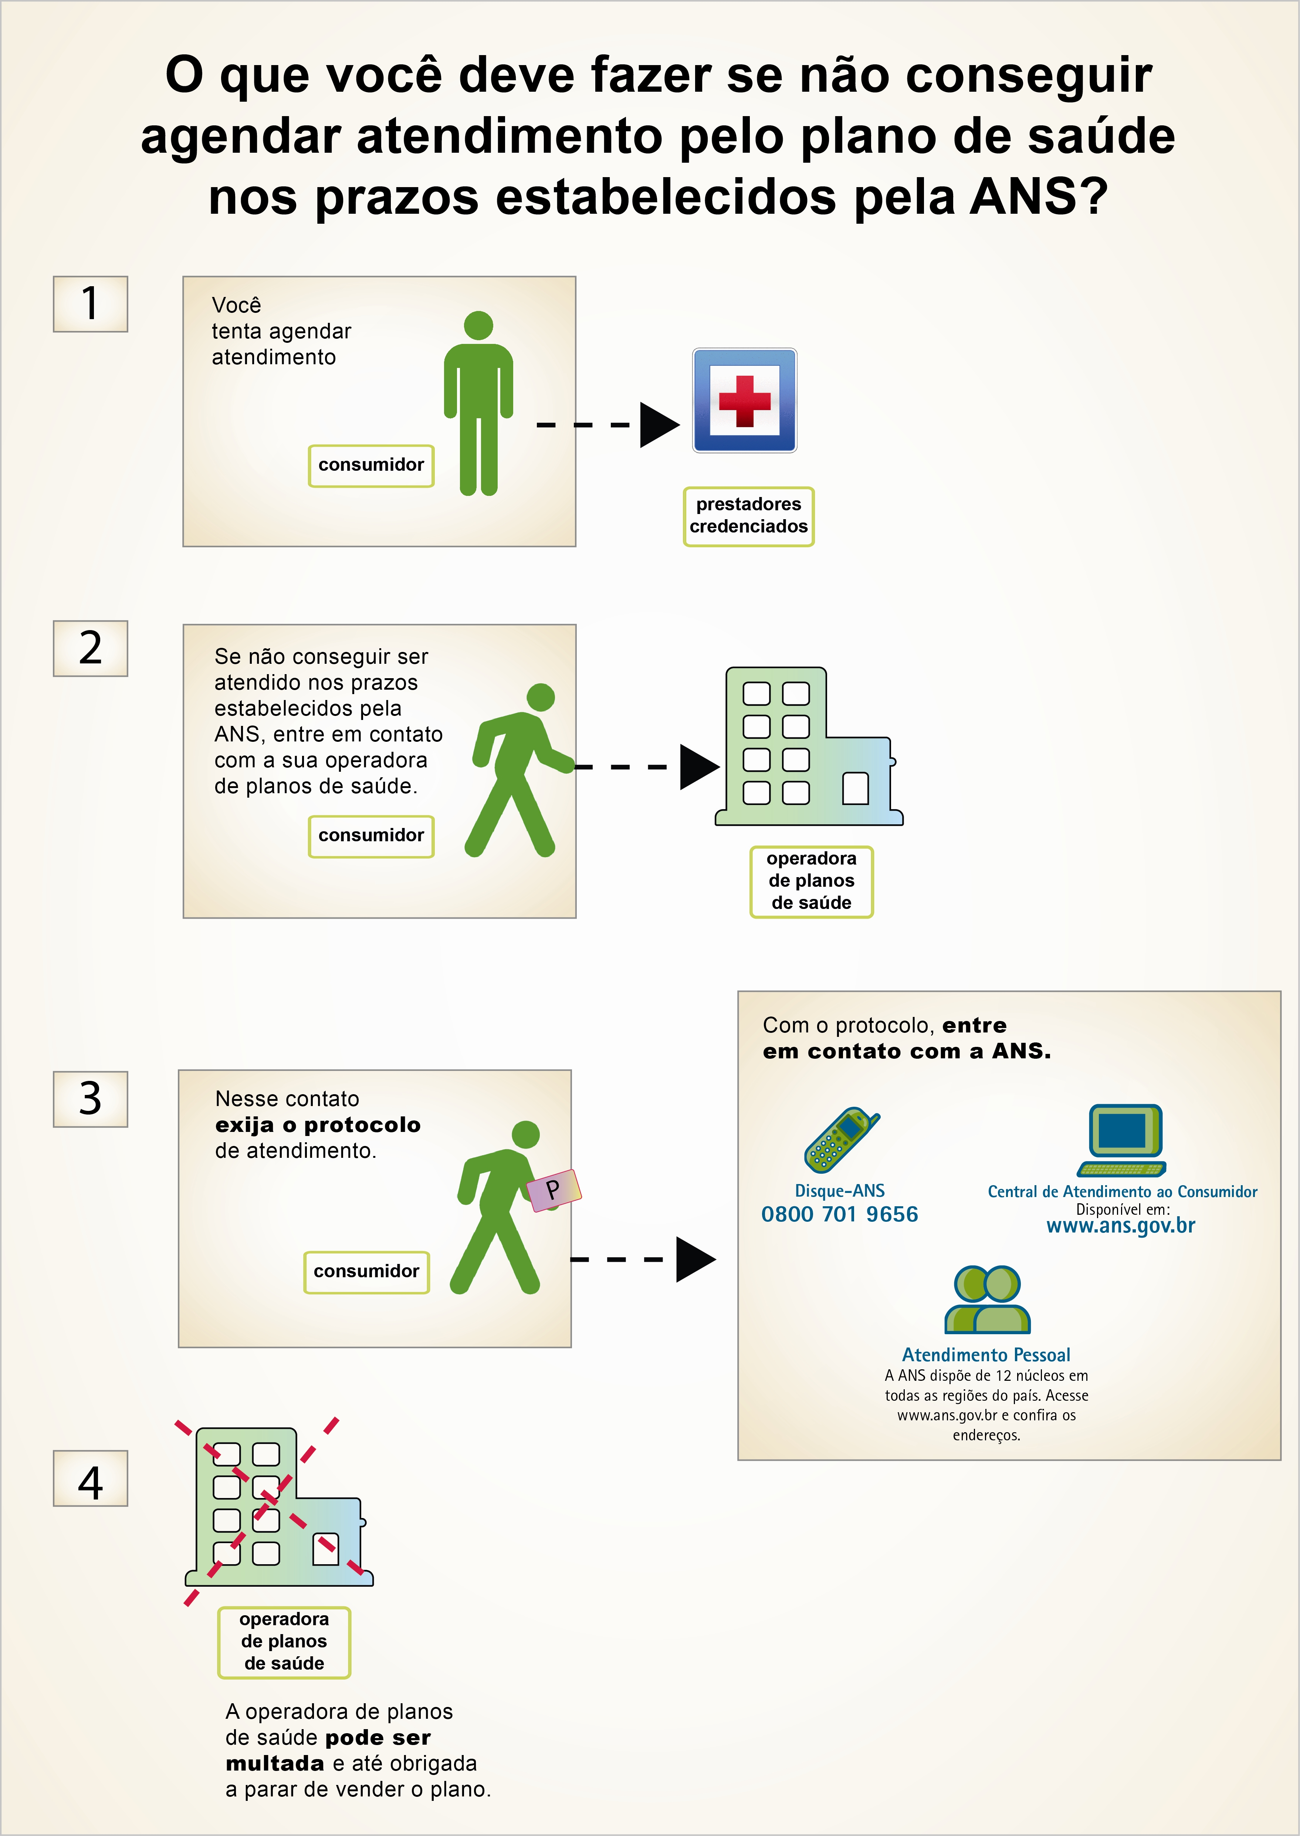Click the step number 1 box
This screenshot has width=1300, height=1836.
click(91, 304)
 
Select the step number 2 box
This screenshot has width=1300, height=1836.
click(91, 649)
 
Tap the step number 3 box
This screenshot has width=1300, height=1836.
click(91, 1099)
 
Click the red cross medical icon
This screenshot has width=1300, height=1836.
click(744, 400)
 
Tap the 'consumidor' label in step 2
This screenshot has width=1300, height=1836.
click(372, 836)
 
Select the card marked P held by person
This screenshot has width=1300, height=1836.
click(554, 1190)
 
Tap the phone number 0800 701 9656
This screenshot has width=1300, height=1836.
click(840, 1215)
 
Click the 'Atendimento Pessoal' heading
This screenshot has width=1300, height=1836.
click(986, 1355)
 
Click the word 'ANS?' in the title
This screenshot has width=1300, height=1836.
click(1038, 197)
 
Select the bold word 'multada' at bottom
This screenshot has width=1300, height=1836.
click(275, 1764)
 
